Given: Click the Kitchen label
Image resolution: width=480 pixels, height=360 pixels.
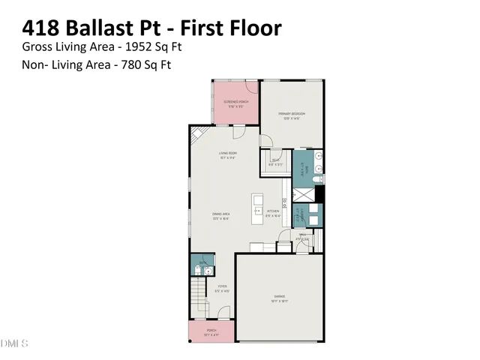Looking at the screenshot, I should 273,213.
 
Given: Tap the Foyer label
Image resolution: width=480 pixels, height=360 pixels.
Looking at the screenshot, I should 223,289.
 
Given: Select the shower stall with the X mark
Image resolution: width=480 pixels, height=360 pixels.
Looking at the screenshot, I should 304,194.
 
